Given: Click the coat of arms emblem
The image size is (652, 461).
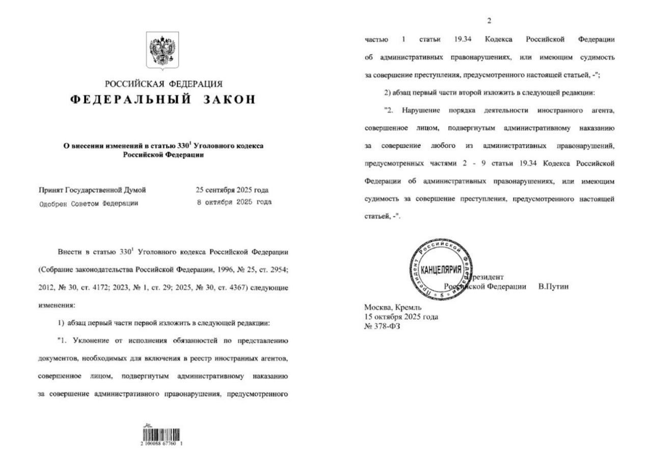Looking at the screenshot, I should tap(163, 50).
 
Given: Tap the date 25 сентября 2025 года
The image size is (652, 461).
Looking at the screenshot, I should tap(232, 191).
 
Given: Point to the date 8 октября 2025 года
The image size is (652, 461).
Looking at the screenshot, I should tap(234, 202).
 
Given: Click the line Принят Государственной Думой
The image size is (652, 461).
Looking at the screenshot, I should tap(92, 191).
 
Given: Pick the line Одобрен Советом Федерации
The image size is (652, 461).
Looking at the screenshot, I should tap(89, 202).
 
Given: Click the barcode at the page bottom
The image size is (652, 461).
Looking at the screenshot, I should tap(162, 436).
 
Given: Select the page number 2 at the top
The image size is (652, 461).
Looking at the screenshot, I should tap(490, 21).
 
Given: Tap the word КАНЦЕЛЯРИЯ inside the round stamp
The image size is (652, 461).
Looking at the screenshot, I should tap(441, 269).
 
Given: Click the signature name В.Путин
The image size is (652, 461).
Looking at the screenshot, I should tap(554, 287).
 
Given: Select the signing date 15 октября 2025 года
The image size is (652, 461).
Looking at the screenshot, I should tap(401, 317).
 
